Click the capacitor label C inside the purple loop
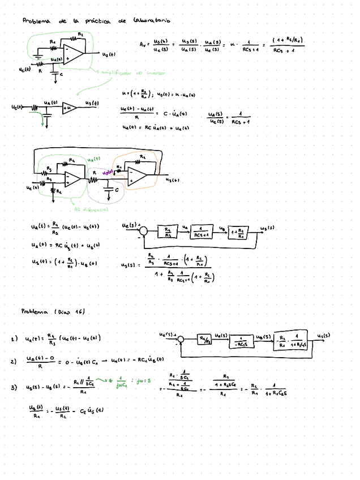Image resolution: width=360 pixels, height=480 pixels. pyautogui.click(x=117, y=191)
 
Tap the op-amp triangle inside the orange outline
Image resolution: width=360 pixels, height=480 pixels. pyautogui.click(x=137, y=176)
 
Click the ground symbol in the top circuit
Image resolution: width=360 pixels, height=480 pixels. pyautogui.click(x=37, y=57)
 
